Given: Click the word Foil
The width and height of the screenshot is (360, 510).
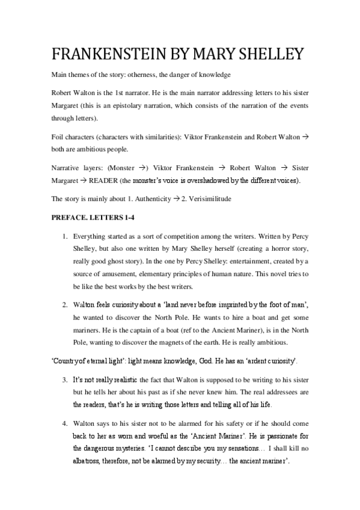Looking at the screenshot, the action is coord(59,137).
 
